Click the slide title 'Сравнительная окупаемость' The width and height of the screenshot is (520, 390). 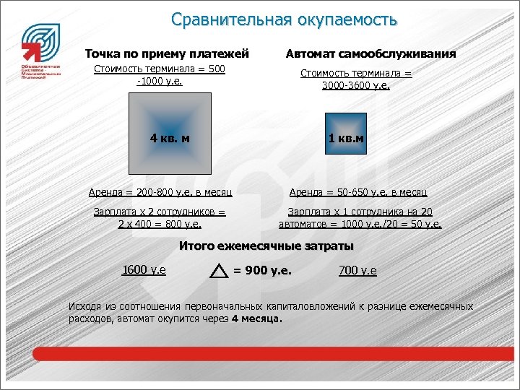284,19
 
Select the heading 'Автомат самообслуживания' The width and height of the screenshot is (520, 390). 370,53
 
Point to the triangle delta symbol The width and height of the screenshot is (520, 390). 218,271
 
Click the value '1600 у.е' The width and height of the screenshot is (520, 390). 144,270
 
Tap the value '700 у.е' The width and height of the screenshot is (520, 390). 357,271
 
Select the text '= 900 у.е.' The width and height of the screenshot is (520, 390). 262,271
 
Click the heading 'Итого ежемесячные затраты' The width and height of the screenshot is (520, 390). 266,246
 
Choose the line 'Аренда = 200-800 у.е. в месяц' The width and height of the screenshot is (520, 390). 160,193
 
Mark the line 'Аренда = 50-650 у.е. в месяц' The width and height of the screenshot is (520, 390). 358,193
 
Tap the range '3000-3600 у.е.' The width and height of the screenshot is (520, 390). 355,85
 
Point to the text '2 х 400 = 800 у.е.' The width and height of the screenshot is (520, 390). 160,224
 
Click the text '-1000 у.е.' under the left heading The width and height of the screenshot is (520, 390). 159,81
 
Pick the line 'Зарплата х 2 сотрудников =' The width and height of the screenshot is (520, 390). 160,212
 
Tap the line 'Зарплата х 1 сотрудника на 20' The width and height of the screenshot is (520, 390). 360,212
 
